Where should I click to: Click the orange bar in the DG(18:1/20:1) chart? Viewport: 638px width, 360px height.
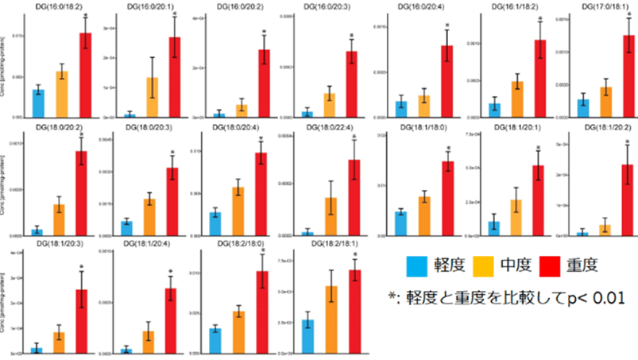(x=516, y=217)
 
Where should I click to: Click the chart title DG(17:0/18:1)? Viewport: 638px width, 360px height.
(x=607, y=7)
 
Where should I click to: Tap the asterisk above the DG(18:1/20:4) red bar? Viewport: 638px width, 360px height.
(x=171, y=273)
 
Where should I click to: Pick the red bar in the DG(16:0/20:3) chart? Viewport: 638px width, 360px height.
(x=350, y=84)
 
